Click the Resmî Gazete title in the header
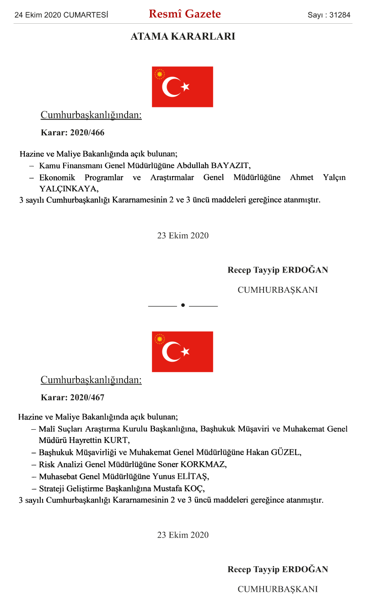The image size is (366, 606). click(185, 14)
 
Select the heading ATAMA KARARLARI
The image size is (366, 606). click(183, 37)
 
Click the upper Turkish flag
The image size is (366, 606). click(183, 87)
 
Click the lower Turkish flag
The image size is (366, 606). click(183, 352)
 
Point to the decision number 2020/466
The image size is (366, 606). click(87, 133)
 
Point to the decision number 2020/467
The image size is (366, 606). click(87, 398)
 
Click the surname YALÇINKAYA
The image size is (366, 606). click(69, 188)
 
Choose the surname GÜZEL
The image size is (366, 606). click(287, 453)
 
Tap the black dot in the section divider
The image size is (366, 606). click(183, 305)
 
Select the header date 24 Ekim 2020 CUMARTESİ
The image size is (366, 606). click(61, 15)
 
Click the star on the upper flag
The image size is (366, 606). click(185, 86)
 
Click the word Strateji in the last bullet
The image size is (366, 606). click(53, 488)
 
